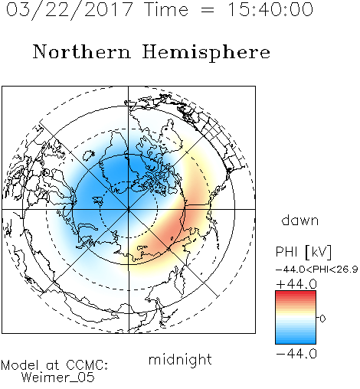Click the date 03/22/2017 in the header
(x=70, y=9)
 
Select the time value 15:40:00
(x=270, y=9)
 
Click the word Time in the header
(x=166, y=9)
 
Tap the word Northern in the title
(x=81, y=51)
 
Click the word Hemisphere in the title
(x=206, y=53)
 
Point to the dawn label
(x=299, y=220)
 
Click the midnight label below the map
(x=180, y=360)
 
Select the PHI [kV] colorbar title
(x=303, y=252)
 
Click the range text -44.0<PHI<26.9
(x=316, y=270)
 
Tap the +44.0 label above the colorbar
(x=296, y=284)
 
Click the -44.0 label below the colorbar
(x=296, y=354)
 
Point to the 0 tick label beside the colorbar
(x=322, y=319)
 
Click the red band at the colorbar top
(x=296, y=294)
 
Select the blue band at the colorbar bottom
(x=296, y=340)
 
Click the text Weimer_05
(x=57, y=378)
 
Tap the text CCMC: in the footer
(x=87, y=365)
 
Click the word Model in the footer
(x=20, y=365)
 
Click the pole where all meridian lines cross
(x=129, y=209)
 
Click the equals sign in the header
(x=208, y=10)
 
